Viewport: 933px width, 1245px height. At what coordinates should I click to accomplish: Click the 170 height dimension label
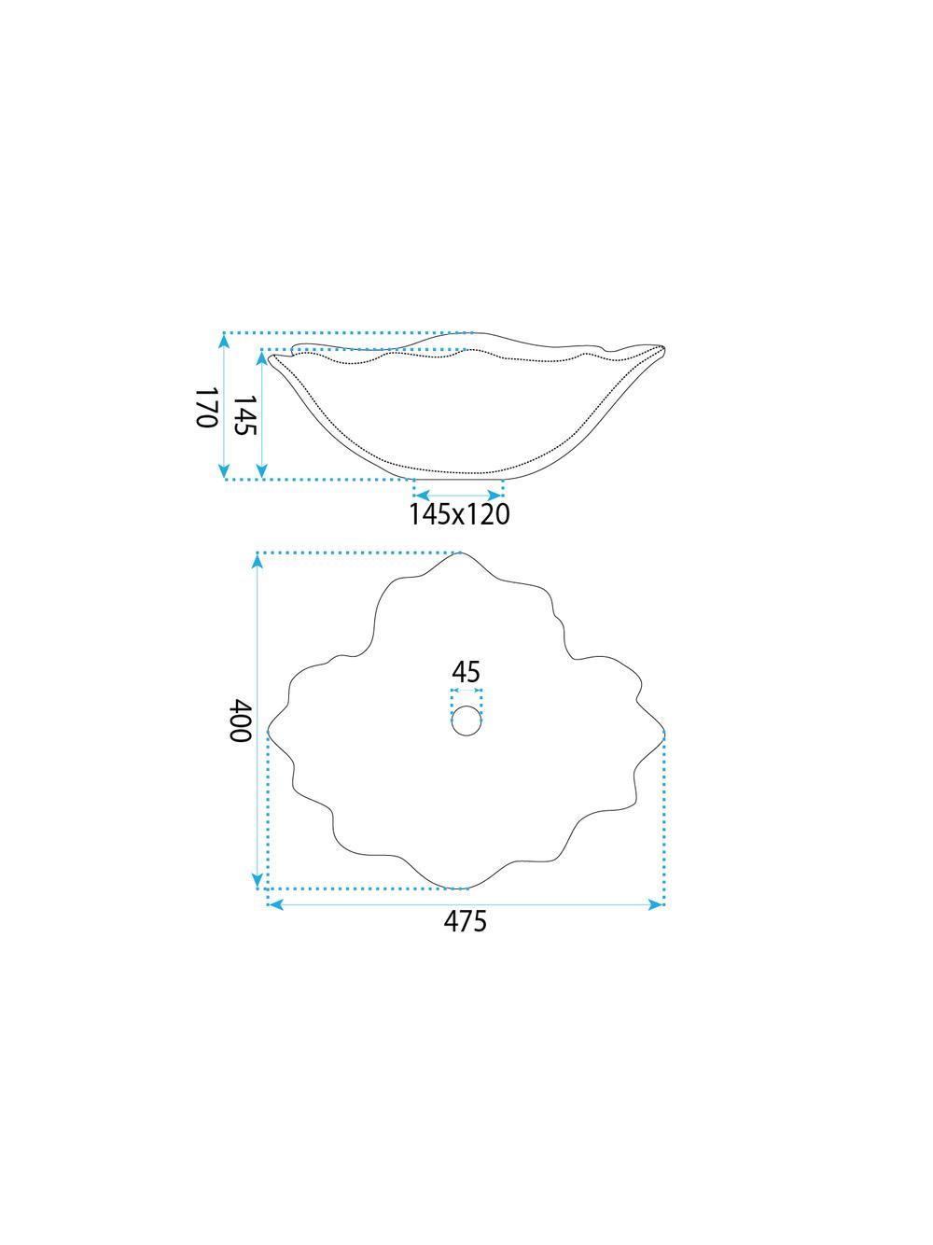point(206,407)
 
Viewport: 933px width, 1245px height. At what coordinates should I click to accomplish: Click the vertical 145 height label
point(245,415)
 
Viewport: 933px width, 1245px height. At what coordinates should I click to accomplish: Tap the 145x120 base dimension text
point(459,514)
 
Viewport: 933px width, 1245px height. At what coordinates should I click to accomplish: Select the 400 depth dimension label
point(240,720)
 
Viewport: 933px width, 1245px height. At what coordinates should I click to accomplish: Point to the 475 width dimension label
point(465,874)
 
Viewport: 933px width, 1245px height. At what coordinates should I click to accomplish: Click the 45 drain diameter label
point(466,672)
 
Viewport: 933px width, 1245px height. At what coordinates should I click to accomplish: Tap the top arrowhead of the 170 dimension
point(225,341)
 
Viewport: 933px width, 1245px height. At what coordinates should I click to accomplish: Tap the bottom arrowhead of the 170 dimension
point(225,471)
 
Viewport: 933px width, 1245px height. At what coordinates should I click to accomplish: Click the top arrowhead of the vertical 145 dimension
point(261,357)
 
